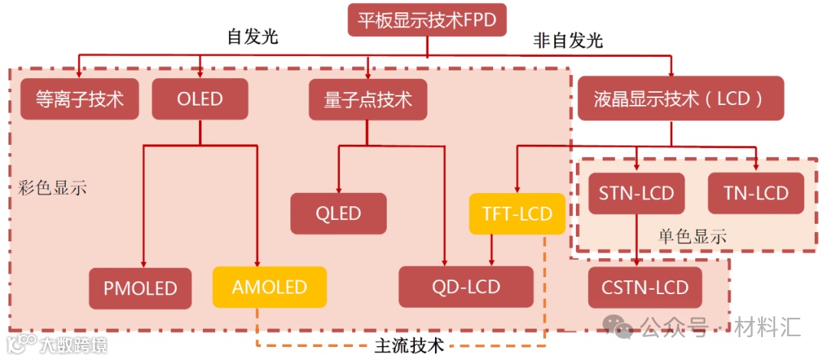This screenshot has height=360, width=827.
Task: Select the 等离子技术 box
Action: (80, 99)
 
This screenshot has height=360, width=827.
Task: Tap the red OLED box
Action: (200, 99)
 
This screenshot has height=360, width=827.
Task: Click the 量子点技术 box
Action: (368, 99)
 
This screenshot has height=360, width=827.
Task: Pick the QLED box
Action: (338, 213)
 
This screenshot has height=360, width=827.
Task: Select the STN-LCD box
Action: (637, 193)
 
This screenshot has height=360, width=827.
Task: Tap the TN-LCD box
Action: (757, 193)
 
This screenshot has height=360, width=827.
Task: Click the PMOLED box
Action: (140, 288)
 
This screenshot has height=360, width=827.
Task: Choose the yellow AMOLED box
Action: (270, 287)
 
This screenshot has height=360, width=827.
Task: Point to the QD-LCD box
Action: (466, 287)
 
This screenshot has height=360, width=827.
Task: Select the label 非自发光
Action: (567, 41)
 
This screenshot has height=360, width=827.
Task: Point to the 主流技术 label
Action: (409, 345)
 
